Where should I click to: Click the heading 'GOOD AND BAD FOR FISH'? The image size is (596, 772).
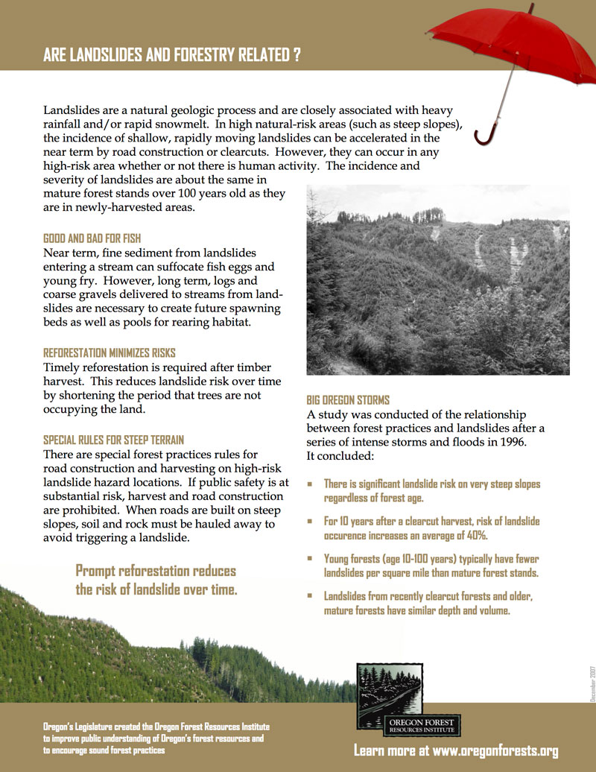pos(92,238)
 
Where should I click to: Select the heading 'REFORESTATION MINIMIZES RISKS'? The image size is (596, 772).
pos(110,352)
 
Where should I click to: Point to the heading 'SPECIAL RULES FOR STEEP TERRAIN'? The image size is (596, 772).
pos(113,440)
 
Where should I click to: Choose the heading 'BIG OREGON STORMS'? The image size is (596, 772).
pos(348,400)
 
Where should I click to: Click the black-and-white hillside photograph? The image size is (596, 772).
pos(438,279)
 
